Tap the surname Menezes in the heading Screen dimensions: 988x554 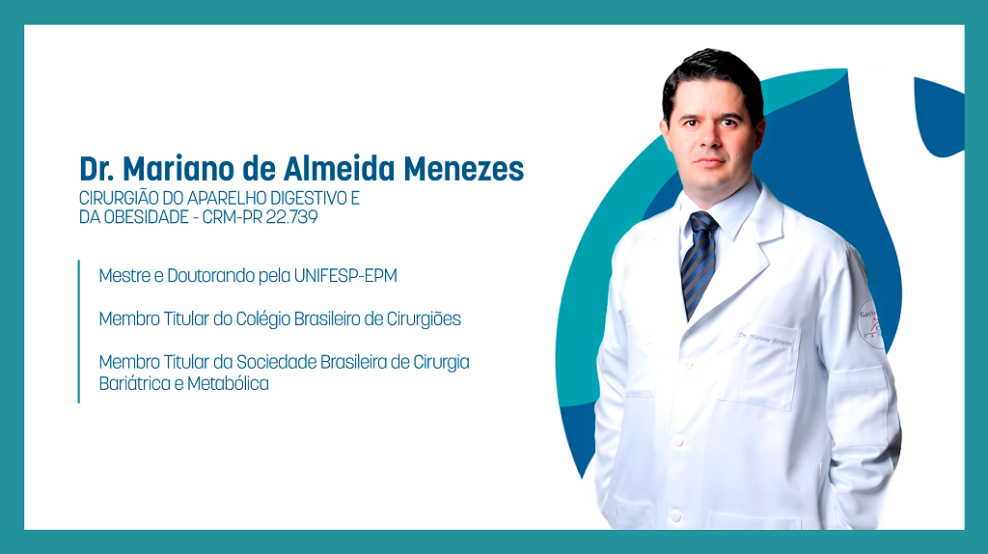(x=464, y=169)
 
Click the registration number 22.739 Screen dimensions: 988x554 (x=291, y=217)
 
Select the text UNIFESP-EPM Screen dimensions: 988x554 (x=345, y=276)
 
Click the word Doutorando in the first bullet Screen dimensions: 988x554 (x=211, y=276)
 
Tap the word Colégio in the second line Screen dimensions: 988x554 (x=262, y=319)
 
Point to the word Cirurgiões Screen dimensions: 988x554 (x=424, y=319)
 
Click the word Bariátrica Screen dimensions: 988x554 (x=136, y=383)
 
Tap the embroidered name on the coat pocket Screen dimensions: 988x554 (x=765, y=339)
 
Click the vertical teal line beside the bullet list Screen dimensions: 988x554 (x=79, y=331)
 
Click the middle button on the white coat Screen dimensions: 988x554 (x=678, y=440)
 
